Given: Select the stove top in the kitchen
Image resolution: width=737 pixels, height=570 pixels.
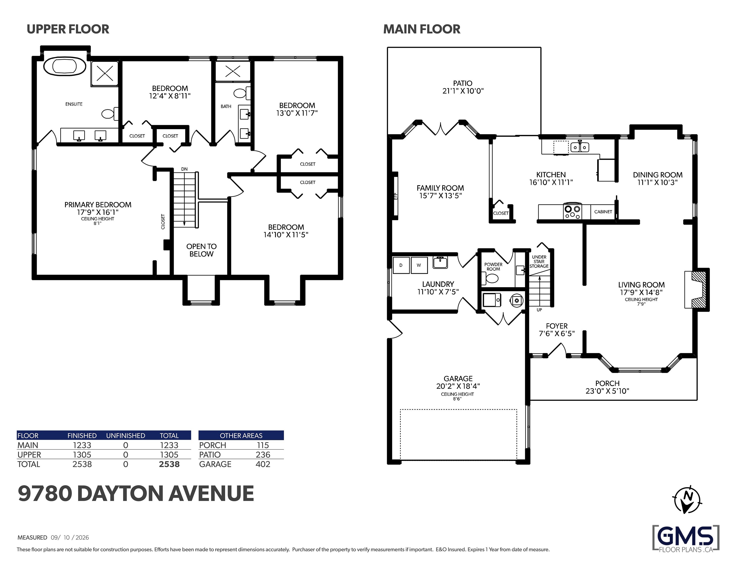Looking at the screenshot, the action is point(573,212).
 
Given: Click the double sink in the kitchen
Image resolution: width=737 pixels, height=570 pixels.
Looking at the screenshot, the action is point(580,147).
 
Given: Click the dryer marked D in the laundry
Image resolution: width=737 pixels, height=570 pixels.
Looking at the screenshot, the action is point(401,265).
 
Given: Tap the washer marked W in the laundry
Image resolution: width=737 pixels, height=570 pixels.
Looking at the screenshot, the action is point(419,265).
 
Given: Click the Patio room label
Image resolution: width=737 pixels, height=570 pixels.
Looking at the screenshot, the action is point(463,83).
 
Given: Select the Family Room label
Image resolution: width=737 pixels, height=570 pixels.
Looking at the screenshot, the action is point(440,188).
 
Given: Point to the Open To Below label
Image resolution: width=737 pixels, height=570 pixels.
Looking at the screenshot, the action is point(201,250).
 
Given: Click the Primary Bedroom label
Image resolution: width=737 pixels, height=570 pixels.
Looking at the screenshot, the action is point(98,205).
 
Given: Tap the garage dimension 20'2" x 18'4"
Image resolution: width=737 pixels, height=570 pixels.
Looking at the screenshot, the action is point(458,386).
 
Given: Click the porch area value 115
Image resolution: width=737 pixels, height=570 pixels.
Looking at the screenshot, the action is point(263,445).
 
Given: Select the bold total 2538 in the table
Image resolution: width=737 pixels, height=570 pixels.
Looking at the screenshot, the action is point(169,464).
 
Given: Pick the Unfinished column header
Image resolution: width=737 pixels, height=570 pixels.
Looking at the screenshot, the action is point(126,435).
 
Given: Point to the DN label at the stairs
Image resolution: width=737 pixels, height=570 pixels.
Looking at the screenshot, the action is point(184,169).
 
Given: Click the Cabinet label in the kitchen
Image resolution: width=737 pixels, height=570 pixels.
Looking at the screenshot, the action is point(603,212).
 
